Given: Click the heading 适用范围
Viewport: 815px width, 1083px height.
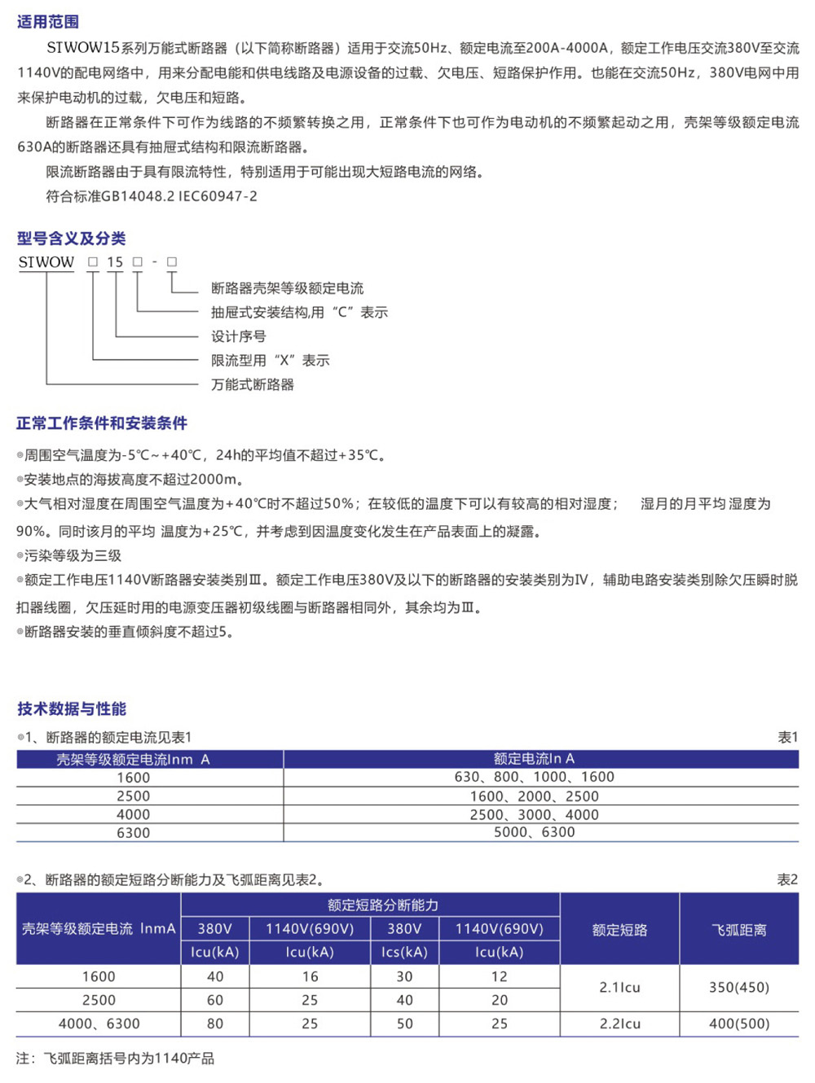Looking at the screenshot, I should coord(48,22).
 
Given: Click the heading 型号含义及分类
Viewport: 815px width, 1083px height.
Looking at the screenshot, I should coord(72,239).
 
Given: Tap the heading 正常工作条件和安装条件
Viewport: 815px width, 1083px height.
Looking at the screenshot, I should coord(102,423).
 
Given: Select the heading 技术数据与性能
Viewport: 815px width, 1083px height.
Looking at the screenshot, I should coord(72,709).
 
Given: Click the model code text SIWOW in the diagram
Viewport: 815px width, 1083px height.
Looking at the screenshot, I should coord(46,262).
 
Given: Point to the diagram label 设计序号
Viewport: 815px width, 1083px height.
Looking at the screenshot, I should coord(238,336).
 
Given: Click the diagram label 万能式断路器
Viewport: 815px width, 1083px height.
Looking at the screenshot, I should coord(253,384).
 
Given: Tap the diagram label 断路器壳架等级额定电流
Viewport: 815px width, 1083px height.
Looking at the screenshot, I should coord(287,288).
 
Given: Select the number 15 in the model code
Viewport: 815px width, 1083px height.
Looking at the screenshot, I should coord(115,262).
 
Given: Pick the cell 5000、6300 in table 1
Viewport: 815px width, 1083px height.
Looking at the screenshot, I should coord(534,832).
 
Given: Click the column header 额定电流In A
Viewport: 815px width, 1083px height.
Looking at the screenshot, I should coord(534,759).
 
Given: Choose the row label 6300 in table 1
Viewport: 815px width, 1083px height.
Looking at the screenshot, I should coord(133,833).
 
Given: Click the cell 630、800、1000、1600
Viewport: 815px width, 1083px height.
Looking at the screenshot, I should coord(534,778).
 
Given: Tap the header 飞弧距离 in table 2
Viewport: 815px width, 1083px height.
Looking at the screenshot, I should coord(738,930).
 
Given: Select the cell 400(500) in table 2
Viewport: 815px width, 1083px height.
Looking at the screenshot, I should coord(738,1024).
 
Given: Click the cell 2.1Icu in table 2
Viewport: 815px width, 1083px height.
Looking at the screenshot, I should coord(619,988).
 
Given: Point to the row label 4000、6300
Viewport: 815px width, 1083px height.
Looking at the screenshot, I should coord(99,1024).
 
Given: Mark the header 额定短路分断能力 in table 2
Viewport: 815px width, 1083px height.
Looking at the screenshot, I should coord(382,905).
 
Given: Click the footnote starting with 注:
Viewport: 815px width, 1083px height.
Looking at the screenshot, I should coord(115,1059).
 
